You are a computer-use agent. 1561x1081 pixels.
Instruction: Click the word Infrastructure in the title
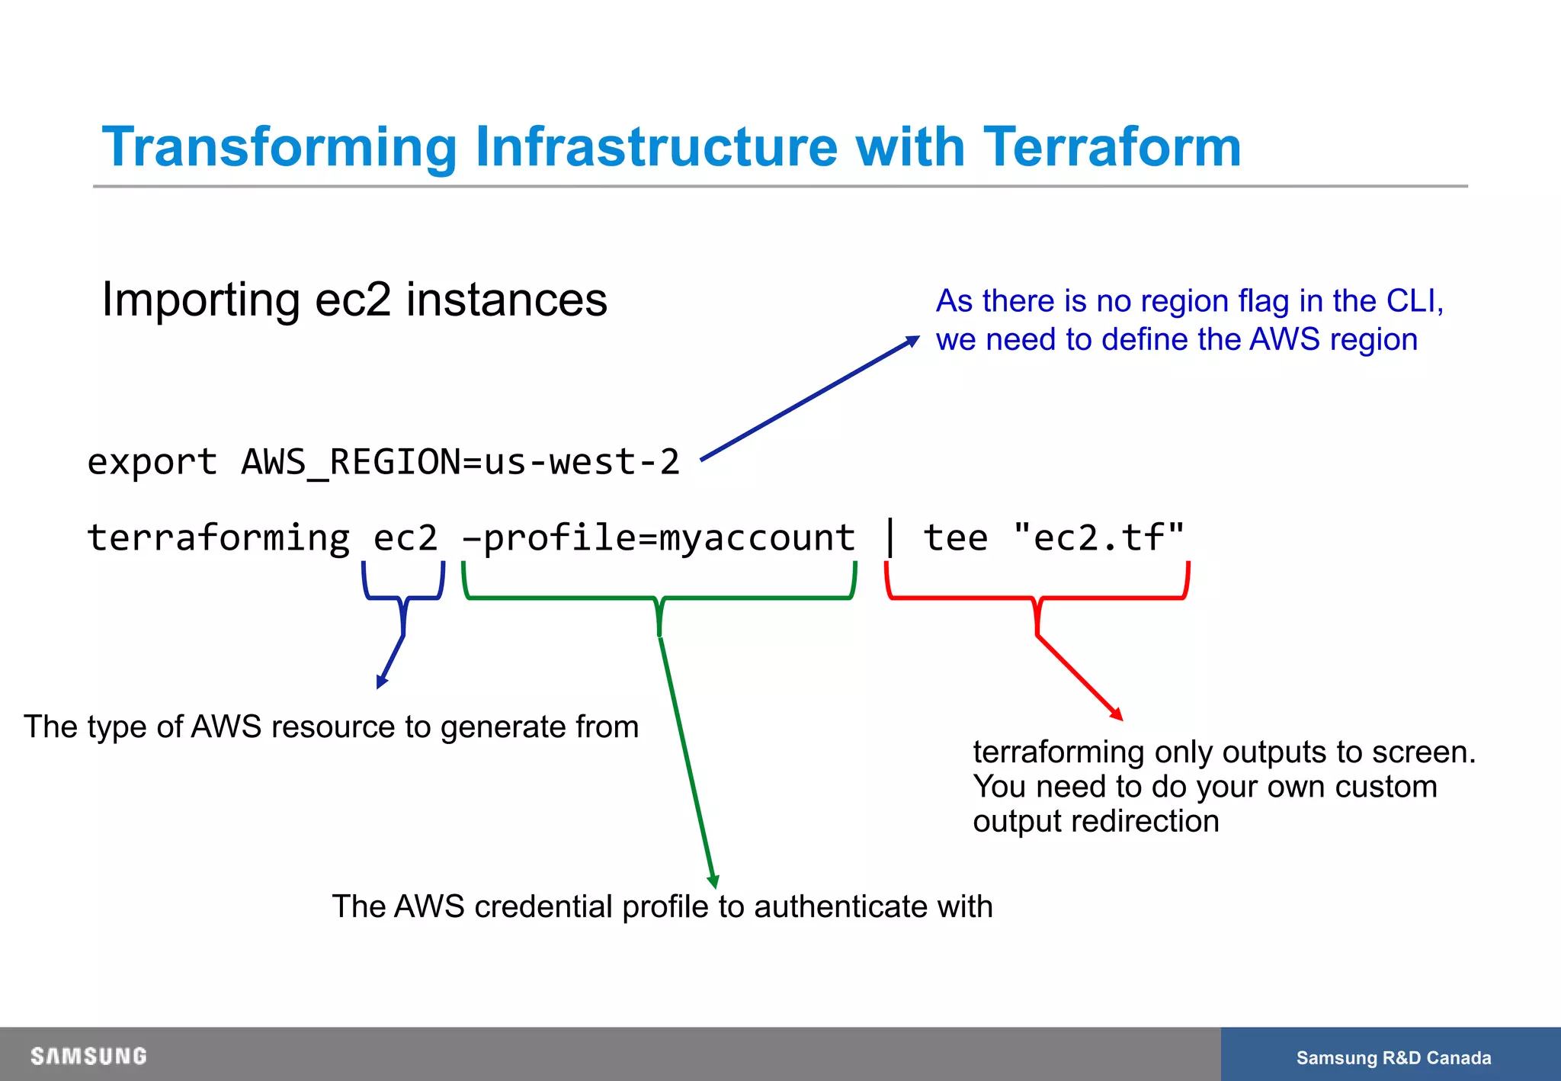click(655, 146)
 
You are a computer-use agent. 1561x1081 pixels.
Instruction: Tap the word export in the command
click(152, 462)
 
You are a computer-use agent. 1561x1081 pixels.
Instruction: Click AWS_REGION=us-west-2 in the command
click(460, 462)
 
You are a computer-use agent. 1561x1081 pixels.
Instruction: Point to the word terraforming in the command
click(218, 537)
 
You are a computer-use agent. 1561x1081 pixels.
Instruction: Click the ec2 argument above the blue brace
click(405, 537)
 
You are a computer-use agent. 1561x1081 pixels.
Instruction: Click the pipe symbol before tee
click(889, 537)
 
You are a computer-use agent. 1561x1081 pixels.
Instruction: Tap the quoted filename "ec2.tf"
click(1099, 537)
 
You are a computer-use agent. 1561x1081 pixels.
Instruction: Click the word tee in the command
click(956, 537)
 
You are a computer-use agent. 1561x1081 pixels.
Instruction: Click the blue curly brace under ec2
click(403, 598)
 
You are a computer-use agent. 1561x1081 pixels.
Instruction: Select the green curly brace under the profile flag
click(659, 598)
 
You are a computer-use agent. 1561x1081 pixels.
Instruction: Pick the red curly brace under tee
click(1037, 598)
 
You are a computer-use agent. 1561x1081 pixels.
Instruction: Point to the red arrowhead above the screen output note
click(1117, 714)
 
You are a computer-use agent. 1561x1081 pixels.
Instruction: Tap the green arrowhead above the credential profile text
click(713, 882)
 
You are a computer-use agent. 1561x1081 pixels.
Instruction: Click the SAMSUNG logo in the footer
click(88, 1056)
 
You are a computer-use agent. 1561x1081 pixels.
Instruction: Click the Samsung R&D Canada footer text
click(1393, 1058)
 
